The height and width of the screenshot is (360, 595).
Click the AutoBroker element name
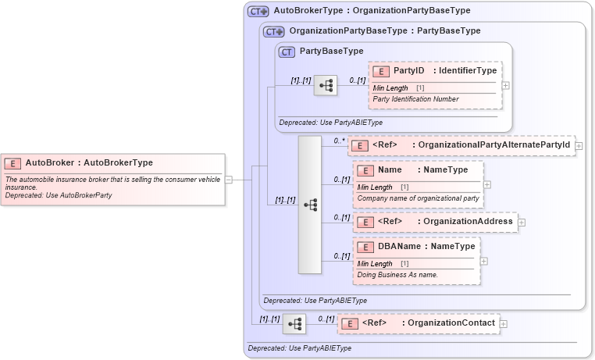49,163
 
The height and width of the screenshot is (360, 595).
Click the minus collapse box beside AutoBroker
228,179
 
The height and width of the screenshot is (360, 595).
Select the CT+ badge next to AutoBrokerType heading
258,12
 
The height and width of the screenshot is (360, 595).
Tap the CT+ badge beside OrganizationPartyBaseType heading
273,31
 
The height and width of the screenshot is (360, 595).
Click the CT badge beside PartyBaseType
287,52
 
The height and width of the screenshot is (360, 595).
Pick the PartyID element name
408,71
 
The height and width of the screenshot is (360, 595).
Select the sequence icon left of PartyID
325,85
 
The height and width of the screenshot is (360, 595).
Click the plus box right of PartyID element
506,86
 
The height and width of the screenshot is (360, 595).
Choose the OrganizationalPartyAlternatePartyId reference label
493,145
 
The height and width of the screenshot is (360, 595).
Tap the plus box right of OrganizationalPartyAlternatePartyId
579,145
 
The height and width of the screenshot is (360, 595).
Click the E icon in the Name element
365,170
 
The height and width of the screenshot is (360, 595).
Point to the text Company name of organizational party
418,198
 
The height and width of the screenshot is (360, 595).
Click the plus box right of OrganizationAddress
522,223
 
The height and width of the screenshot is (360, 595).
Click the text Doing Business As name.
396,275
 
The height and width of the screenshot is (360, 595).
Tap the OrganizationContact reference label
451,323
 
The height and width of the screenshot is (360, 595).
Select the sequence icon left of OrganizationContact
294,324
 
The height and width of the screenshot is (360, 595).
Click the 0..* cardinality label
338,141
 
